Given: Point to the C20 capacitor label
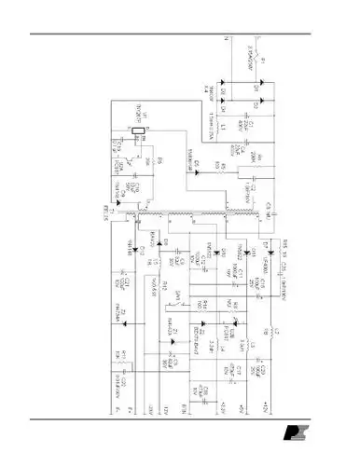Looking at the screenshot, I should (265, 370).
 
